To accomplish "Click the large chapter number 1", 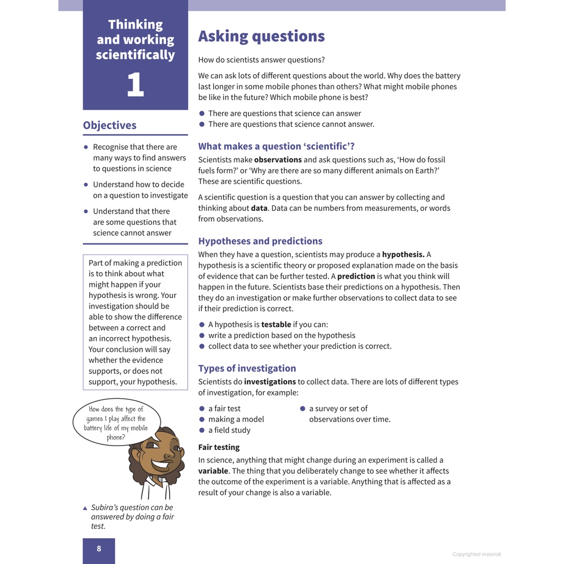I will [x=135, y=85].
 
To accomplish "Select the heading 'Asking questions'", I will [x=261, y=36].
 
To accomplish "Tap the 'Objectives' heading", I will [x=110, y=125].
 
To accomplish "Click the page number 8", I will [x=99, y=549].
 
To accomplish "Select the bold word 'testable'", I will [x=276, y=324].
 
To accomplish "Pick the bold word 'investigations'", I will [x=270, y=382].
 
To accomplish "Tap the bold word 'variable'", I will [x=213, y=471].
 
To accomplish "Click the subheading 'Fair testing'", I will [x=219, y=447].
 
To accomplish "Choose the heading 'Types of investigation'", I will [x=247, y=368].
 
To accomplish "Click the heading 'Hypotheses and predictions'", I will [x=260, y=241].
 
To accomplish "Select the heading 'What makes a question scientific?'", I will [x=276, y=146].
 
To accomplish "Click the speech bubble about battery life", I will [x=116, y=422].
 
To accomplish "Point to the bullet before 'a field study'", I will [x=202, y=430].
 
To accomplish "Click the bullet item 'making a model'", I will [x=236, y=419].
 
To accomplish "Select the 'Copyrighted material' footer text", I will [x=476, y=554].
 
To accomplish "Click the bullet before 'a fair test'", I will [x=202, y=409].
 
